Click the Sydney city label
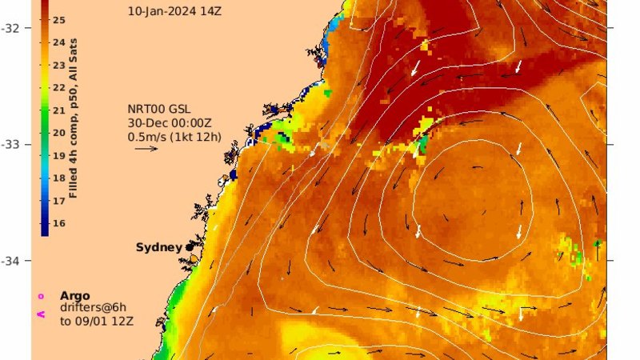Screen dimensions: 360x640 click(x=159, y=247)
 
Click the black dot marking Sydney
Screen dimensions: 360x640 click(x=190, y=247)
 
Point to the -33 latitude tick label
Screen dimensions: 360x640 click(x=14, y=145)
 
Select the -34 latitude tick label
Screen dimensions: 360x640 click(x=14, y=261)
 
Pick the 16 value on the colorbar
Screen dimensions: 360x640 click(x=58, y=222)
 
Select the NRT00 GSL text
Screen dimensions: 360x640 click(x=160, y=110)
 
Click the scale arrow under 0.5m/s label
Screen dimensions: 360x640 click(x=146, y=148)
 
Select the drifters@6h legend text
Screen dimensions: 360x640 click(x=93, y=308)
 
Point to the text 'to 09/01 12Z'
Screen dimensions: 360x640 click(x=92, y=322)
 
